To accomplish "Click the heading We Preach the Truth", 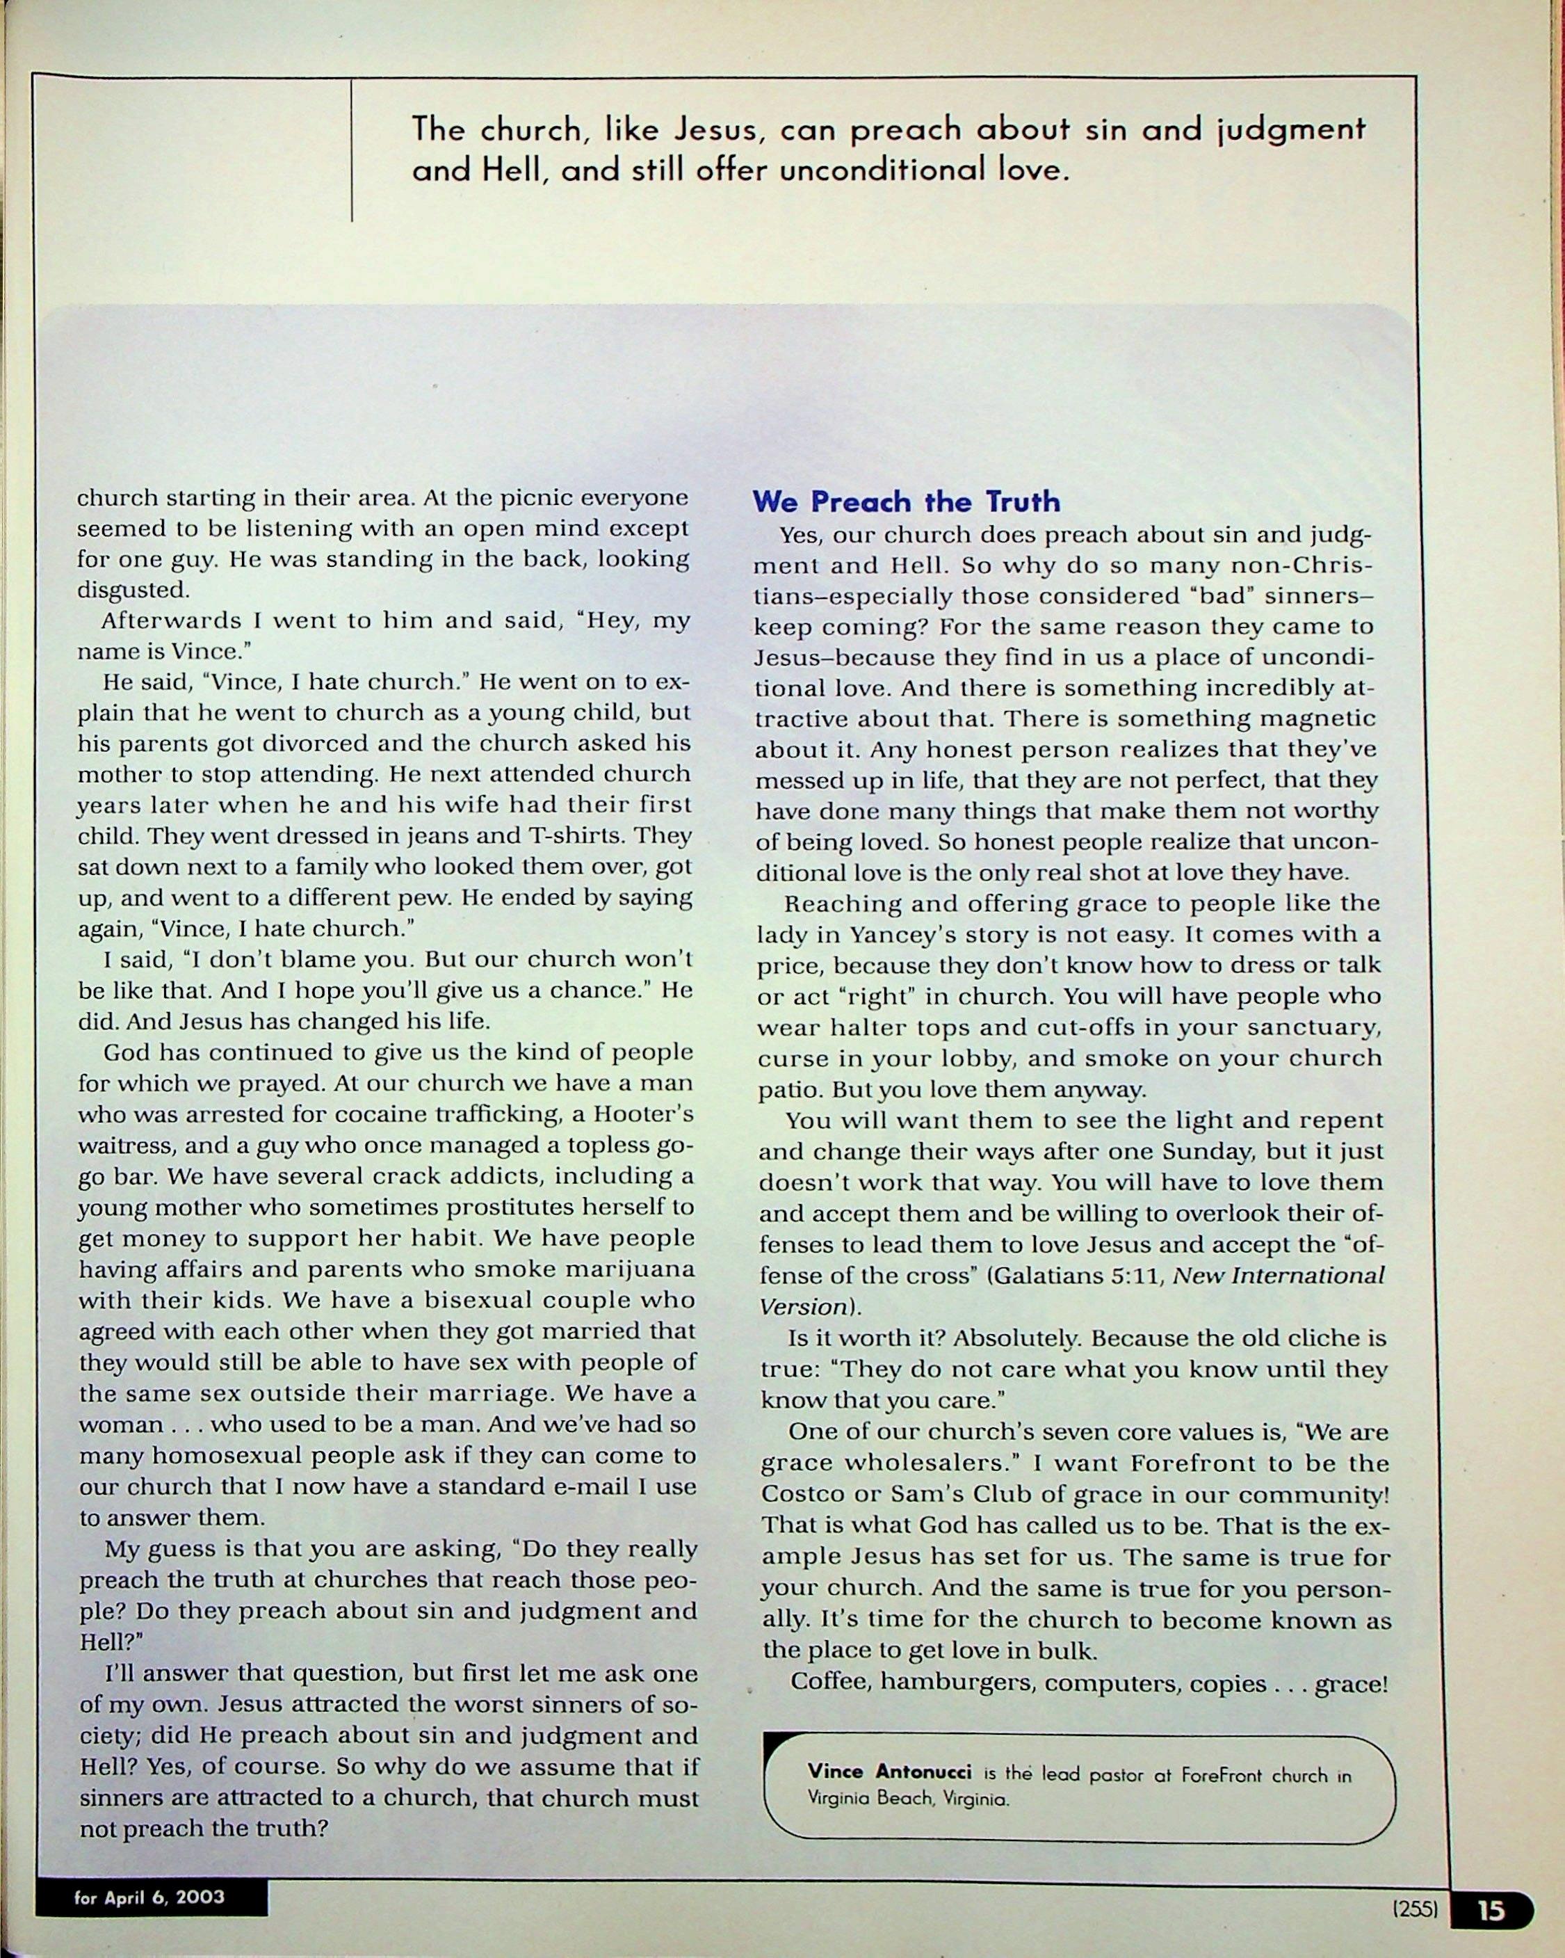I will (905, 501).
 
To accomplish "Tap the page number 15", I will (1490, 1910).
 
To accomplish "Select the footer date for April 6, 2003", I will (149, 1897).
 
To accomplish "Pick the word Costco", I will (804, 1495).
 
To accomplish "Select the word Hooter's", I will (644, 1114).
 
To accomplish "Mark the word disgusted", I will (133, 589).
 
